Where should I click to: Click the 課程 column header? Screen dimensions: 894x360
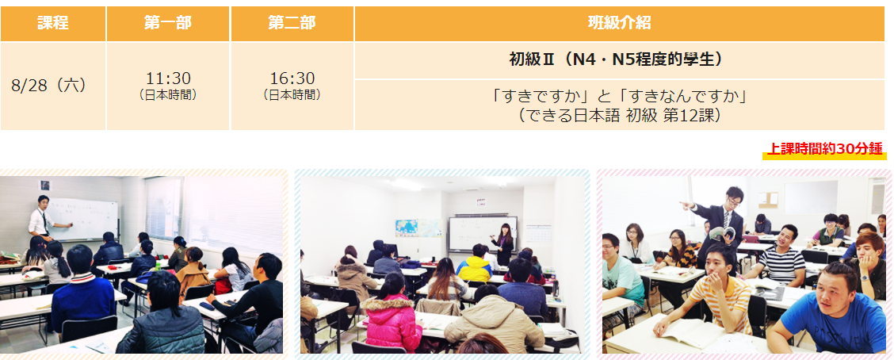click(x=53, y=23)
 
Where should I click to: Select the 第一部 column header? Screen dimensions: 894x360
click(x=168, y=23)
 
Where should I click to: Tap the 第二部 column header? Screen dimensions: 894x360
click(x=292, y=23)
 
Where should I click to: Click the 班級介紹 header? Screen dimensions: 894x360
click(x=619, y=23)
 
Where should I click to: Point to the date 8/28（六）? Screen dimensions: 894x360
click(x=49, y=86)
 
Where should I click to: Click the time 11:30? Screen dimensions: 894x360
click(x=168, y=79)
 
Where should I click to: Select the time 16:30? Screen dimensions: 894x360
click(x=292, y=79)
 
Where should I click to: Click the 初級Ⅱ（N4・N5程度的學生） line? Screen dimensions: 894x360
click(x=619, y=60)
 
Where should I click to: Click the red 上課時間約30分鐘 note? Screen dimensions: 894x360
click(x=824, y=150)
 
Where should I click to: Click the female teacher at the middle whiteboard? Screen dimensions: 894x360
click(x=504, y=244)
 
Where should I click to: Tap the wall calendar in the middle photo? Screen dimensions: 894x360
click(x=538, y=235)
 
